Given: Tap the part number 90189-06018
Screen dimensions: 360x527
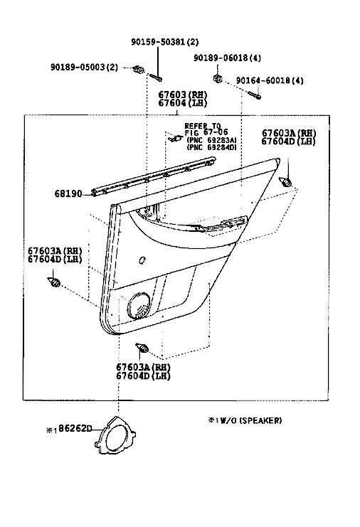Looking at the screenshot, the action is coord(221,58).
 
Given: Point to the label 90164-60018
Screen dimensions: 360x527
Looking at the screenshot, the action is coord(263,80).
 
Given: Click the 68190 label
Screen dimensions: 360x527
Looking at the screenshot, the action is coord(68,194).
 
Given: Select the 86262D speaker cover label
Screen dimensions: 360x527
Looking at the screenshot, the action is coord(75,428).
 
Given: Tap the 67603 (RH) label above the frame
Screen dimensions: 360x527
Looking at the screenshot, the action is coord(183,95).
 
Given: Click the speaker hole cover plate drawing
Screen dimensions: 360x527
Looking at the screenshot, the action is coord(115,435).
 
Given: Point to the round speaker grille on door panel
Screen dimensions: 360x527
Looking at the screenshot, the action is coord(139,306).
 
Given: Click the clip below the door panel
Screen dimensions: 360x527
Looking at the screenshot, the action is coord(142,348).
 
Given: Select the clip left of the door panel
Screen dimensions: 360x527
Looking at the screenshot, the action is coord(53,282).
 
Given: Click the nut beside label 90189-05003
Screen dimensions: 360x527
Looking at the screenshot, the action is coord(138,70).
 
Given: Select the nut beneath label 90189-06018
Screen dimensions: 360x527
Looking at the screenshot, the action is coord(218,79).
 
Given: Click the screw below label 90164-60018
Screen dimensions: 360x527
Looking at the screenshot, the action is coord(255,95).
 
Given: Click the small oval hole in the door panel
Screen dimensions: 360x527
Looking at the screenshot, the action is coord(142,260).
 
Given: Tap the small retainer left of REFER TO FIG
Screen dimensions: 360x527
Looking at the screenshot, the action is coord(176,138).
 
